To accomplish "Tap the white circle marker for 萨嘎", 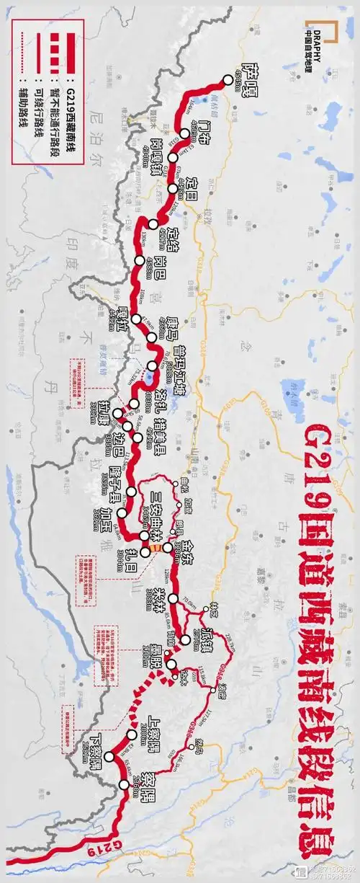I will [229, 79].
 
